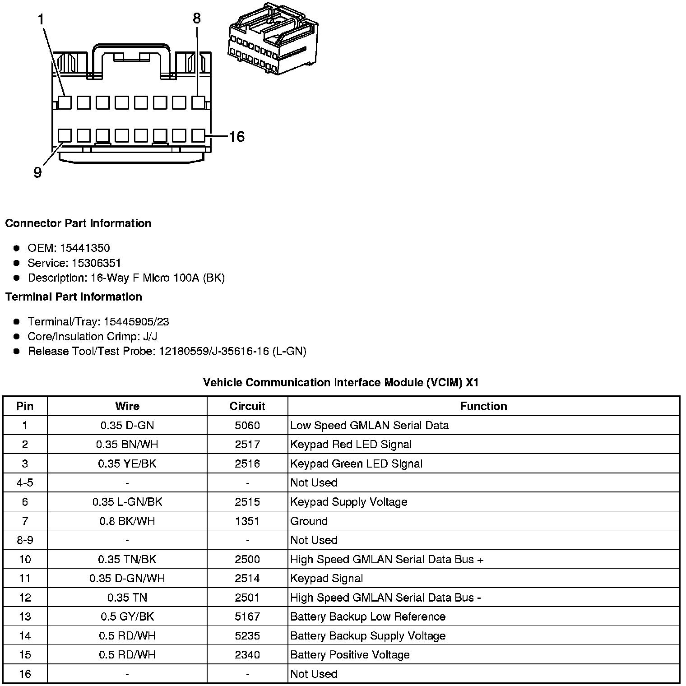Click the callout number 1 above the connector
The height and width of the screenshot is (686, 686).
[x=42, y=19]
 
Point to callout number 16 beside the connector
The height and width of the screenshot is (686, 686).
[x=236, y=136]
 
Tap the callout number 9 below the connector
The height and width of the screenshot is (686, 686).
[x=38, y=172]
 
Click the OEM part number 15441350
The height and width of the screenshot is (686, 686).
[x=85, y=248]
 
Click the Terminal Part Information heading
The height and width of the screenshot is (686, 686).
[x=74, y=297]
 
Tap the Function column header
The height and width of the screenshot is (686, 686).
[x=483, y=406]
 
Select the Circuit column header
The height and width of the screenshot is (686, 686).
[x=247, y=406]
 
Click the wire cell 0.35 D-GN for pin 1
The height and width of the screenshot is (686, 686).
[x=127, y=425]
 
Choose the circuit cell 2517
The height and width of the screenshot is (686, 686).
[x=247, y=445]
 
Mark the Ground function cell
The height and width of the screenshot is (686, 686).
[x=309, y=521]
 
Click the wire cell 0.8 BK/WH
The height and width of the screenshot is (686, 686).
[x=127, y=521]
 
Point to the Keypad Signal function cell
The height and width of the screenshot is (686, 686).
[x=327, y=578]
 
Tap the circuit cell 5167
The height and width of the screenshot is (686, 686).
[x=247, y=616]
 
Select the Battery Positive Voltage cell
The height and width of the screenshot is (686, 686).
[x=350, y=655]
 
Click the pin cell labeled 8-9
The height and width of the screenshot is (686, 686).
[x=25, y=540]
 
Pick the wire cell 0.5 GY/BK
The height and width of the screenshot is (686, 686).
[x=127, y=616]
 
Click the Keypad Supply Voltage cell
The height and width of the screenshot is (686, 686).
[x=349, y=502]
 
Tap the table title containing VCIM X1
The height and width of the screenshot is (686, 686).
[x=341, y=383]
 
